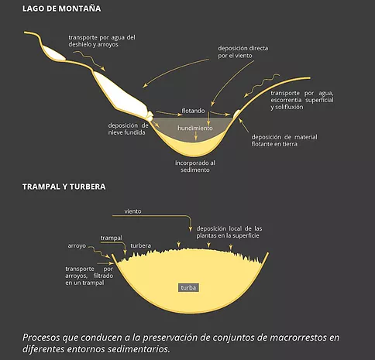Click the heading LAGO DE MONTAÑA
pyautogui.click(x=61, y=9)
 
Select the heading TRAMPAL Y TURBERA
pyautogui.click(x=64, y=187)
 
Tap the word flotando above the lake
pyautogui.click(x=193, y=111)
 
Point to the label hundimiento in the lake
pyautogui.click(x=195, y=128)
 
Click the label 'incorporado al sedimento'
pyautogui.click(x=195, y=166)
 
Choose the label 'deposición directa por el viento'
pyautogui.click(x=243, y=52)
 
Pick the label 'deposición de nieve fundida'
pyautogui.click(x=128, y=129)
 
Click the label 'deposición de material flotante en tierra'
pyautogui.click(x=284, y=140)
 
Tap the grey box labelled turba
pyautogui.click(x=188, y=288)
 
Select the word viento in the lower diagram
pyautogui.click(x=132, y=211)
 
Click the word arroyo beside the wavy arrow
pyautogui.click(x=77, y=246)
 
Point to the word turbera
pyautogui.click(x=141, y=245)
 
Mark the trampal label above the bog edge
pyautogui.click(x=112, y=238)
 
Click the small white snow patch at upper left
pyautogui.click(x=54, y=53)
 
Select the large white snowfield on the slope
pyautogui.click(x=120, y=94)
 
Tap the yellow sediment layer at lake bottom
pyautogui.click(x=194, y=149)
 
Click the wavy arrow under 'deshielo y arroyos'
pyautogui.click(x=89, y=60)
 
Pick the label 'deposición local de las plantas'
pyautogui.click(x=229, y=232)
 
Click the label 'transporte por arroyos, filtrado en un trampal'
pyautogui.click(x=89, y=276)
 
